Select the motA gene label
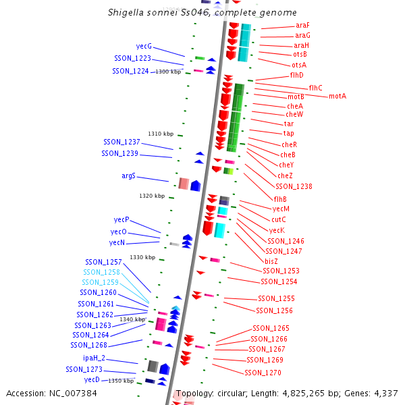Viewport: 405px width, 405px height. pyautogui.click(x=337, y=97)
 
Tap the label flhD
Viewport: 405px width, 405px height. pyautogui.click(x=297, y=75)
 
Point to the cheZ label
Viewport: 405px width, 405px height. pyautogui.click(x=285, y=175)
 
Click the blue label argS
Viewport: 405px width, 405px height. pyautogui.click(x=128, y=175)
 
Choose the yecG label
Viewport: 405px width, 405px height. pyautogui.click(x=144, y=47)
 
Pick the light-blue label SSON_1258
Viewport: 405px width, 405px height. pyautogui.click(x=102, y=272)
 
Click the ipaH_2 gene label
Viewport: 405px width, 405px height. pyautogui.click(x=94, y=358)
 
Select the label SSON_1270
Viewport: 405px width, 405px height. pyautogui.click(x=263, y=373)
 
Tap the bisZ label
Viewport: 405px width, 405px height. pyautogui.click(x=271, y=261)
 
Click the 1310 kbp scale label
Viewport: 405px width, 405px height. pyautogui.click(x=161, y=134)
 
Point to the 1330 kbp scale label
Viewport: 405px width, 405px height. pyautogui.click(x=142, y=257)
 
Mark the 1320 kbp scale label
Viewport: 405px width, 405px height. pyautogui.click(x=152, y=196)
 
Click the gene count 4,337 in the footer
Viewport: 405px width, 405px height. pyautogui.click(x=385, y=393)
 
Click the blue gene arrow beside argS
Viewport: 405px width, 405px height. pyautogui.click(x=195, y=185)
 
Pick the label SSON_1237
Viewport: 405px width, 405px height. pyautogui.click(x=122, y=142)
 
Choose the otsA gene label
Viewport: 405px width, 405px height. pyautogui.click(x=299, y=65)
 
